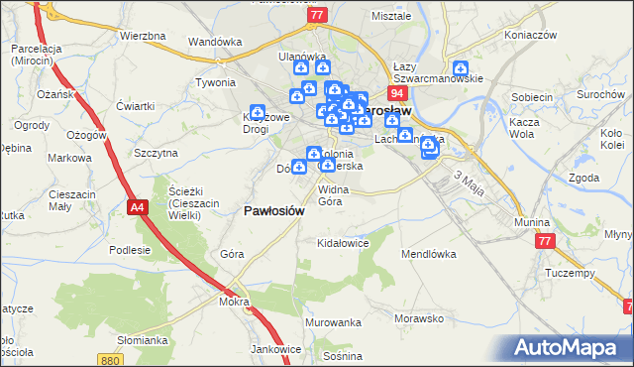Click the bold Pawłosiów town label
coord(274,210)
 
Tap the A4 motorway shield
coord(139,206)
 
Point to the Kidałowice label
coord(342,242)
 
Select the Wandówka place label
coord(215,42)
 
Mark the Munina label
coord(531,223)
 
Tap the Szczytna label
coord(156,153)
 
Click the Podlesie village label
coord(129,250)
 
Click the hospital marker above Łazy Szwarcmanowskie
coord(461,69)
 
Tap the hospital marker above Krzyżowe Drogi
coord(258,113)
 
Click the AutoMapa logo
coord(569,347)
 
